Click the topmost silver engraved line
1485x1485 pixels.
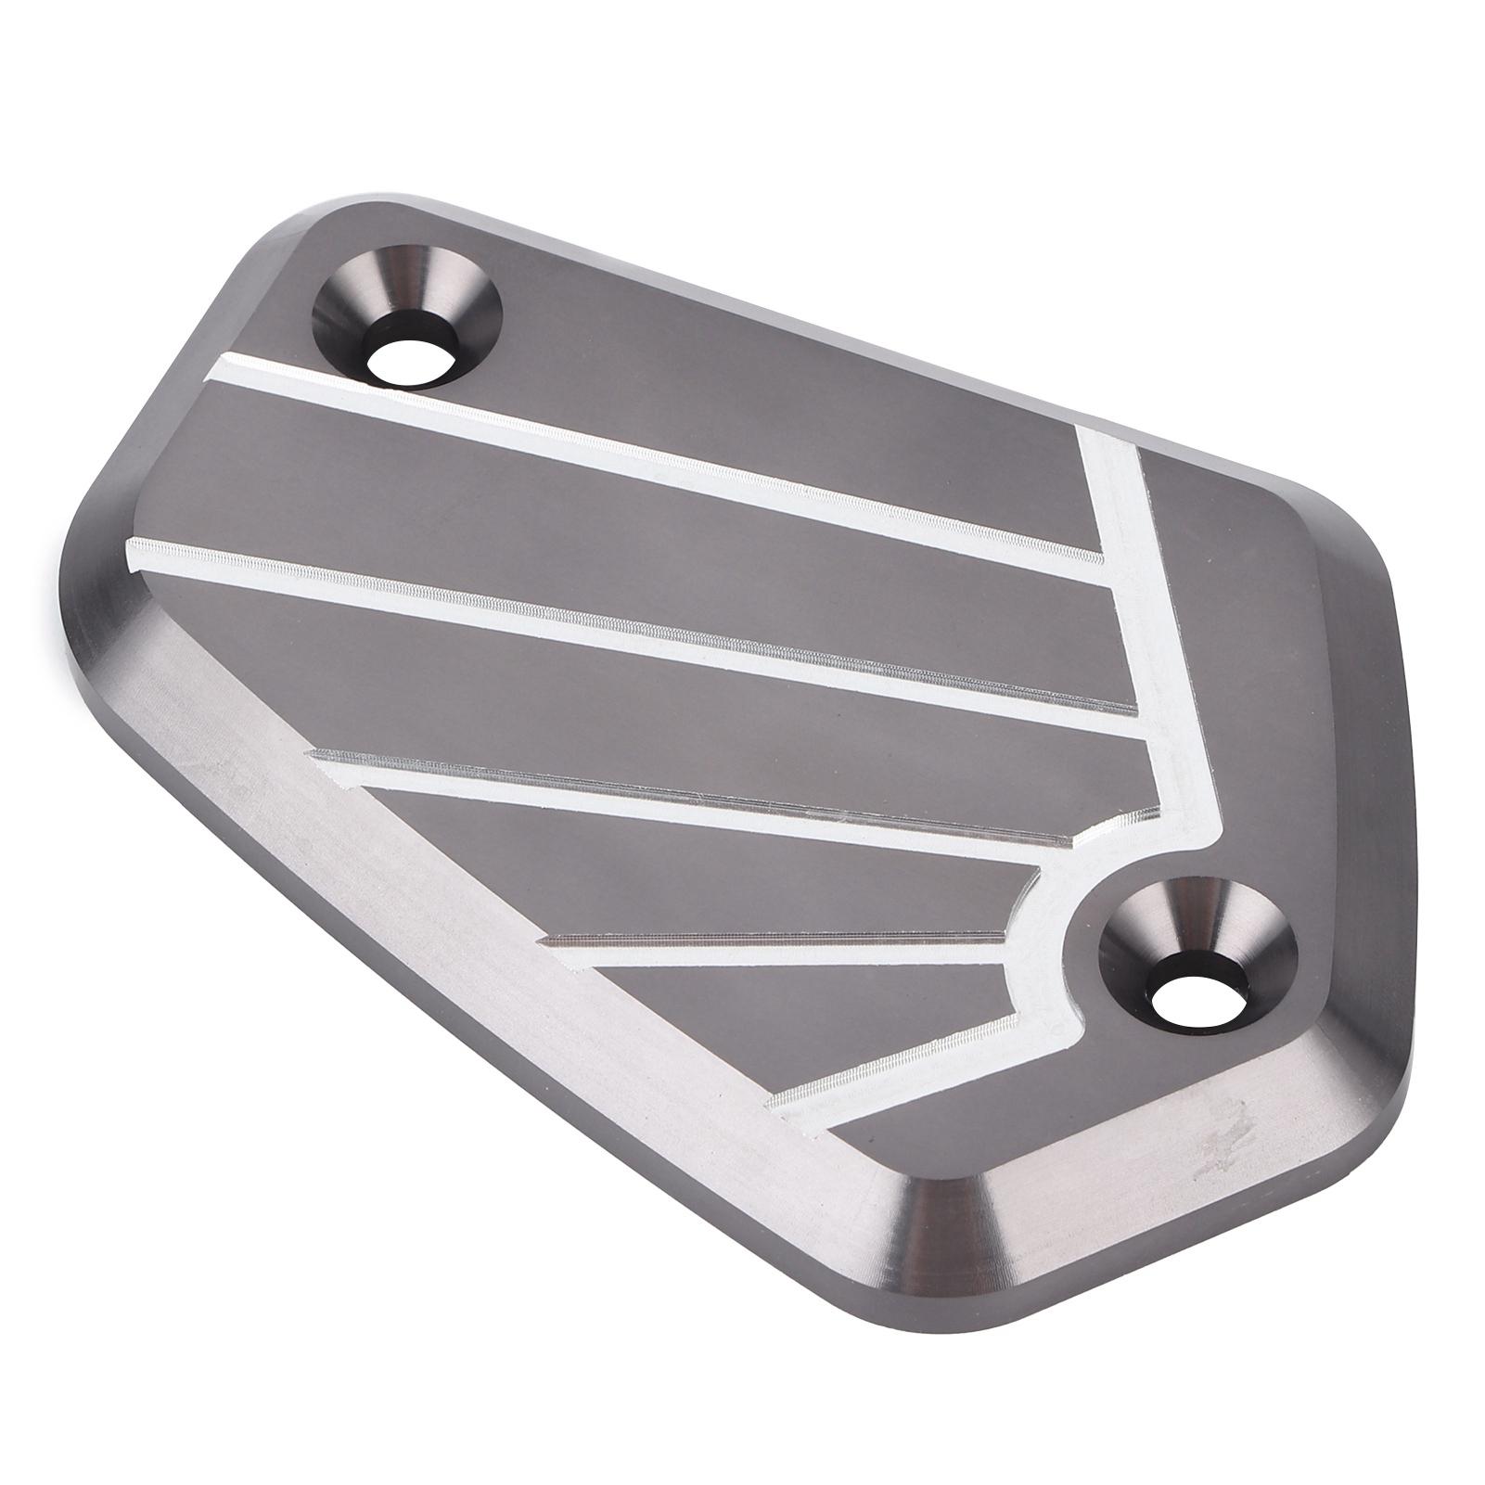(649, 454)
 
